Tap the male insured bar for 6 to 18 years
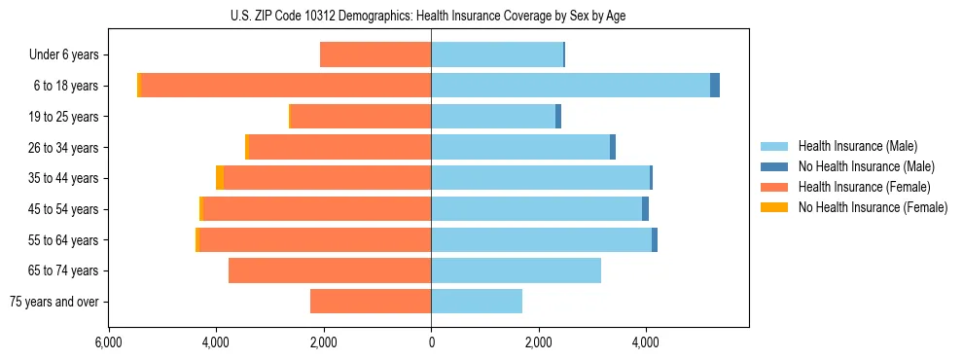(570, 86)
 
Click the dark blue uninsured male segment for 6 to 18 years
(715, 86)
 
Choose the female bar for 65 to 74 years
(330, 270)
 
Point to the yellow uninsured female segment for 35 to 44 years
(220, 178)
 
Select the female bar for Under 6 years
(375, 54)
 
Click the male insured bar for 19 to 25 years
(493, 117)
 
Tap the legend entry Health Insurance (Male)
(857, 146)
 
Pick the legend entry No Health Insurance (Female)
(873, 207)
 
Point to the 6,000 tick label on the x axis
(108, 342)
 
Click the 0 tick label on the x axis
(431, 342)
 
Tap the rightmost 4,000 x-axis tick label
(646, 342)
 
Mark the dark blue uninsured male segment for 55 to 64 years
(655, 239)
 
